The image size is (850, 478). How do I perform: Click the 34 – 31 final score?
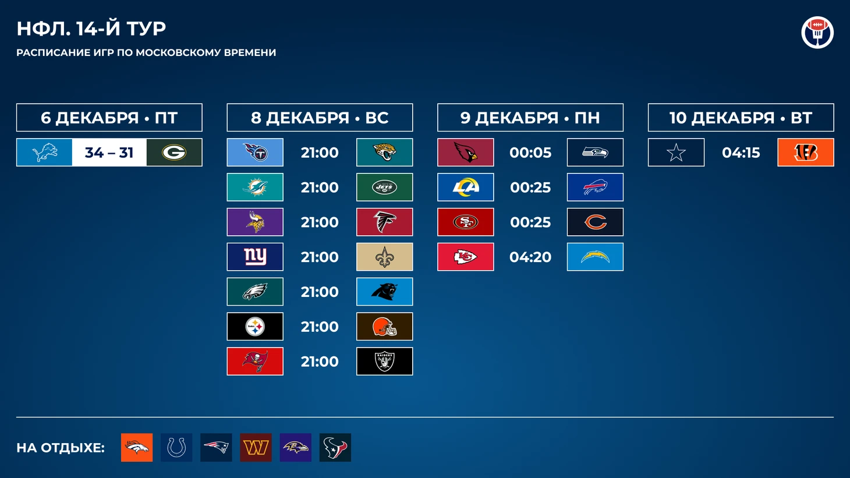109,153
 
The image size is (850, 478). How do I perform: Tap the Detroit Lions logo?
44,153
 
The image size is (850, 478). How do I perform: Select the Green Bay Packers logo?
174,153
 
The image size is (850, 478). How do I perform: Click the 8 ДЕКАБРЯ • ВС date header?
320,118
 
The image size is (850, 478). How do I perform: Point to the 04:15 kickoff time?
741,153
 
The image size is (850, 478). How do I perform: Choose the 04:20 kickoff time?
530,257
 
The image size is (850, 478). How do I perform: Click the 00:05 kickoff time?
530,153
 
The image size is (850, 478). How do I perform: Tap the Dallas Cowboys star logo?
676,153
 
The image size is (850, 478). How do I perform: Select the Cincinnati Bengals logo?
806,153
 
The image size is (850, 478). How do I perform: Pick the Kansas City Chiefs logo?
466,257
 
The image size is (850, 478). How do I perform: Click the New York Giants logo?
255,257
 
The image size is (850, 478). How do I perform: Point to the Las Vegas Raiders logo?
384,361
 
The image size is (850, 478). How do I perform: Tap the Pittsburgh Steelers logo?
255,326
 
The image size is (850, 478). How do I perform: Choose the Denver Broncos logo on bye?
137,448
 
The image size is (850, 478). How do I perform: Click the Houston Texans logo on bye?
335,448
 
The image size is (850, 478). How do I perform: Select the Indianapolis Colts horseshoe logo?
176,448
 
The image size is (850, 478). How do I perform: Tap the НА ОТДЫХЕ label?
61,448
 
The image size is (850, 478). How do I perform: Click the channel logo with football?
817,32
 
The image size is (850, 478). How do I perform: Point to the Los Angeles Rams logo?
466,187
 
